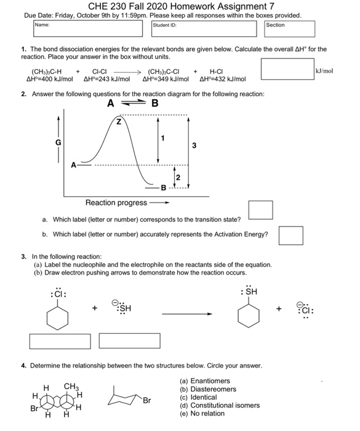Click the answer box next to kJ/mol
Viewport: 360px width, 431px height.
click(286, 69)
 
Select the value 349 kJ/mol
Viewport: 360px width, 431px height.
click(166, 79)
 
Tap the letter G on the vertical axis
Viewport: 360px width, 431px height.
click(59, 142)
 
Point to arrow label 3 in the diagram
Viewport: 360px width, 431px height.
click(194, 146)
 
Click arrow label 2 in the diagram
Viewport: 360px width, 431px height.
click(178, 177)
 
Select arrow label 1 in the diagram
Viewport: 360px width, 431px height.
click(163, 138)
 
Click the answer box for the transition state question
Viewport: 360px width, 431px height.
click(260, 210)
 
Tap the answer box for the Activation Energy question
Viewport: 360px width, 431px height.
click(290, 235)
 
